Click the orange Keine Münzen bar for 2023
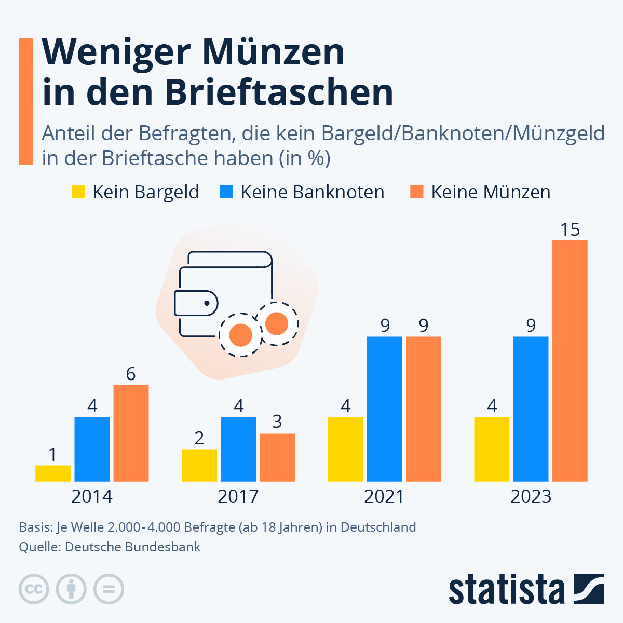pyautogui.click(x=570, y=361)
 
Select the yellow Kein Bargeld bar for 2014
pyautogui.click(x=53, y=473)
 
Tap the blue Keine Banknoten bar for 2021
pyautogui.click(x=385, y=409)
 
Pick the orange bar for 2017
pyautogui.click(x=277, y=457)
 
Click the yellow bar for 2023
pyautogui.click(x=492, y=449)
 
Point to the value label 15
pyautogui.click(x=570, y=229)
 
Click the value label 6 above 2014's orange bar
pyautogui.click(x=131, y=374)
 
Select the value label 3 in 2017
pyautogui.click(x=277, y=422)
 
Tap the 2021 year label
pyautogui.click(x=384, y=496)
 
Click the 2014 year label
pyautogui.click(x=92, y=496)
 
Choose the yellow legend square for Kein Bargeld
pyautogui.click(x=78, y=192)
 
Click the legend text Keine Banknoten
pyautogui.click(x=312, y=192)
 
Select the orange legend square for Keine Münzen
pyautogui.click(x=416, y=192)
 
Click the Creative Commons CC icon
pyautogui.click(x=34, y=589)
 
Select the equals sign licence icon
pyautogui.click(x=109, y=589)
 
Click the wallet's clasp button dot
pyautogui.click(x=207, y=303)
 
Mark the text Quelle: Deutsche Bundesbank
pyautogui.click(x=110, y=547)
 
